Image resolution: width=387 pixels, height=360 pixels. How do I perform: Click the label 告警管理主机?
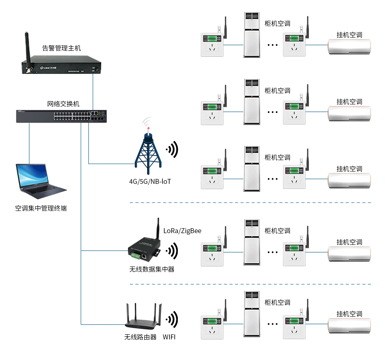tap(61, 48)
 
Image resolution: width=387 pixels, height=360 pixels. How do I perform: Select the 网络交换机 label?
tap(63, 104)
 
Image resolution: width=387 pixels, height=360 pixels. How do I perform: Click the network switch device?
tap(61, 116)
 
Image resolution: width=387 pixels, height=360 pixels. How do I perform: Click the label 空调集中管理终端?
tap(41, 208)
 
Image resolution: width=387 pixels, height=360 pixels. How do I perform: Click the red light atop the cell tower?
tap(148, 128)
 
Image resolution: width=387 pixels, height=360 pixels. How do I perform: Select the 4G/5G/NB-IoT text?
tap(150, 182)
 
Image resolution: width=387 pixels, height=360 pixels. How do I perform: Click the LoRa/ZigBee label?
tap(182, 231)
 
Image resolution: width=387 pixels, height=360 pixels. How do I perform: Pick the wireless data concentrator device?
tap(144, 249)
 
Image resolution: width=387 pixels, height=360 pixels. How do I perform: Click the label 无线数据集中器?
tap(152, 269)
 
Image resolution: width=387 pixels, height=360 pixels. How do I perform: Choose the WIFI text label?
tap(169, 337)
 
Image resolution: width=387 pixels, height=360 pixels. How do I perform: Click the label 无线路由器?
tap(140, 337)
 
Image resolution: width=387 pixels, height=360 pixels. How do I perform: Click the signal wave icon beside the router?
tap(172, 319)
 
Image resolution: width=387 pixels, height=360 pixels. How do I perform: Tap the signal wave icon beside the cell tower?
tap(172, 150)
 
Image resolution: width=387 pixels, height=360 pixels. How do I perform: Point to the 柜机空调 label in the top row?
tap(277, 23)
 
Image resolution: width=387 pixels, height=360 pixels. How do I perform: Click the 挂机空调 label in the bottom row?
tap(349, 314)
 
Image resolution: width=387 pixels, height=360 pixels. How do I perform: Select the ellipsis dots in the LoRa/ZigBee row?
tap(273, 252)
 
